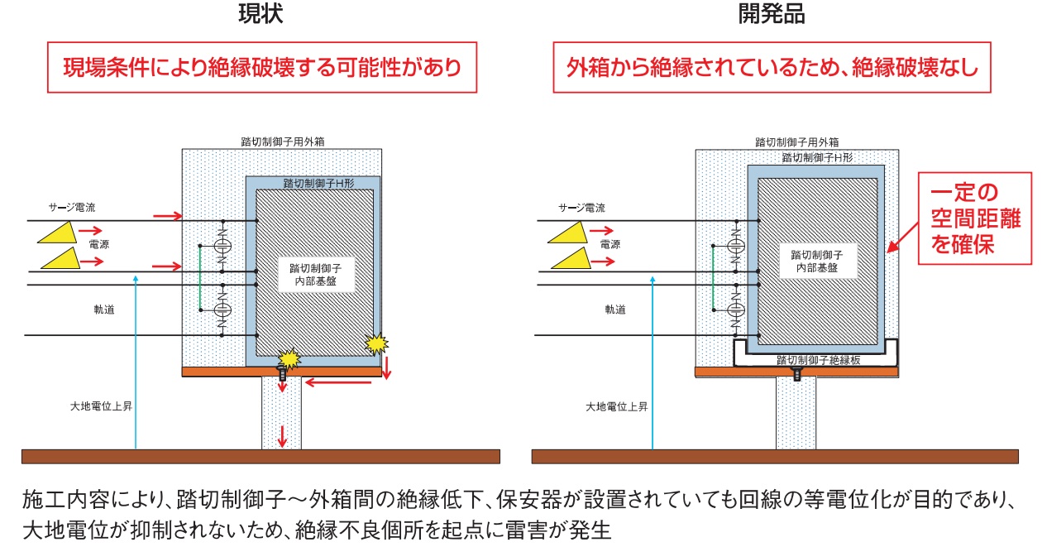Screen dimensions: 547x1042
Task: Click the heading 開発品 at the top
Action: pos(771,14)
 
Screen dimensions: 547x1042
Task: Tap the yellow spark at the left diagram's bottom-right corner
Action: pos(377,343)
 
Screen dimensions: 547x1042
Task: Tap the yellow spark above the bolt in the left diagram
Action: pos(289,357)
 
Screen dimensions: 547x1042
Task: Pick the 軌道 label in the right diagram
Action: pos(614,309)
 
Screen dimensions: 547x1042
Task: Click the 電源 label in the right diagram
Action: pos(610,245)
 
